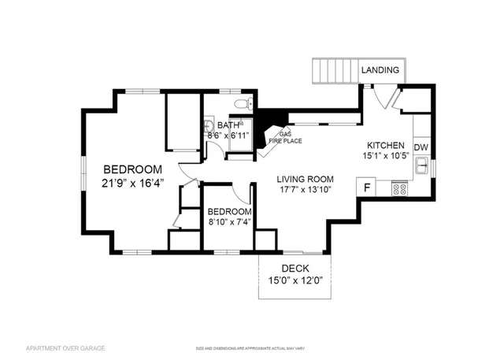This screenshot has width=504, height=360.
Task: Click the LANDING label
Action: point(380,71)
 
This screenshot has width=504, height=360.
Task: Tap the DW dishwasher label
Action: point(421,147)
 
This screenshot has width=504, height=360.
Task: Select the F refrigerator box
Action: point(366,187)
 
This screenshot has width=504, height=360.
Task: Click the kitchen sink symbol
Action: point(423,167)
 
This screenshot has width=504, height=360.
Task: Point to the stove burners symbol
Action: point(399,189)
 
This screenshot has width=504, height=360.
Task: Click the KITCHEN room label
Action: point(386,146)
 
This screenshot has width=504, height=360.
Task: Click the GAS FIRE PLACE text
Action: point(282,137)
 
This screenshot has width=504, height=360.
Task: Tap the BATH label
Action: point(228,125)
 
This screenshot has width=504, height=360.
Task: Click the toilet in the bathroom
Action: point(243,103)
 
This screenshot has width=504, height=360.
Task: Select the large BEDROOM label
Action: point(133,169)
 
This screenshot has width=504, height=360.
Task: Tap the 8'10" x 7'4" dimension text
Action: point(229,223)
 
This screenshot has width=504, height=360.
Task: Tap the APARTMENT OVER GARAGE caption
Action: point(65,347)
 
